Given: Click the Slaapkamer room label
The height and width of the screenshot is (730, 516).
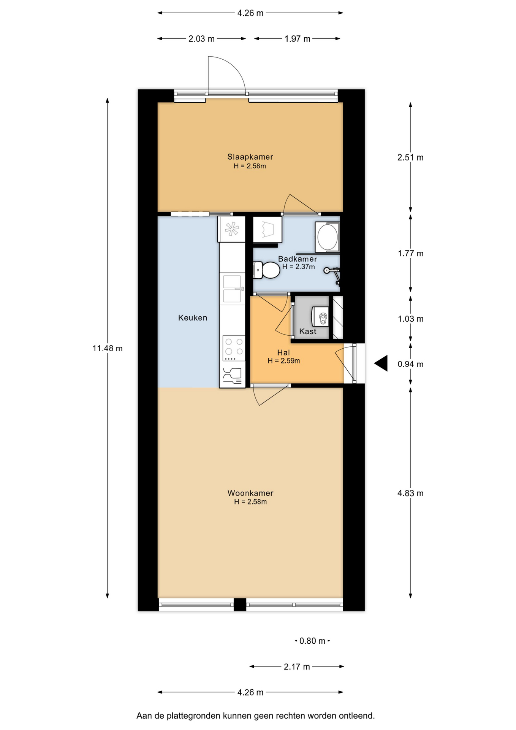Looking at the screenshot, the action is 250,157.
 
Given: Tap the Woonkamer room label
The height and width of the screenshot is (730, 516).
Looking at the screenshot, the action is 250,493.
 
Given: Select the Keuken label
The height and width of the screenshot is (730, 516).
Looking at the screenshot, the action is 193,318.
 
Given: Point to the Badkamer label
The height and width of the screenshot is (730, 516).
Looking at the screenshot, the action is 297,259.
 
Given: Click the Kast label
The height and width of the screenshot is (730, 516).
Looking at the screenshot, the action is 308,332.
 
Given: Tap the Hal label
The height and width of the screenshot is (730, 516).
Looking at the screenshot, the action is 283,353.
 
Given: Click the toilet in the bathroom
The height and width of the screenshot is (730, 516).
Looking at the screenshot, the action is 267,270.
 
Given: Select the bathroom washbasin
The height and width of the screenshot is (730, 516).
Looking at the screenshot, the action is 327,236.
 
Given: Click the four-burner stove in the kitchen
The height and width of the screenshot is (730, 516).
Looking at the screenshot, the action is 234,348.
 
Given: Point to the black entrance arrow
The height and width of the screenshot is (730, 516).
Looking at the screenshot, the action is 381,363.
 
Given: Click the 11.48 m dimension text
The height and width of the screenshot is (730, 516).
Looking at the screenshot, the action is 108,348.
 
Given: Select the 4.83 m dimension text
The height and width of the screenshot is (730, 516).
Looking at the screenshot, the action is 410,493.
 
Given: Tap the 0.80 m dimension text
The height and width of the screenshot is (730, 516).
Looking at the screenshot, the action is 312,641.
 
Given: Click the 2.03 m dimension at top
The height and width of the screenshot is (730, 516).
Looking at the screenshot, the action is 201,39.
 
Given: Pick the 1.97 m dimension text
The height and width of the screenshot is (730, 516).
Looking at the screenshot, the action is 298,39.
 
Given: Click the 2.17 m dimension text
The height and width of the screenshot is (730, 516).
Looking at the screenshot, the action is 297,667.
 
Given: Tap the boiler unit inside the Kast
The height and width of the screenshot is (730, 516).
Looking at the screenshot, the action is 320,317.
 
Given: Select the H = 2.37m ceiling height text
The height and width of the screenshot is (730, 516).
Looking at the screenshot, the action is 299,267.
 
